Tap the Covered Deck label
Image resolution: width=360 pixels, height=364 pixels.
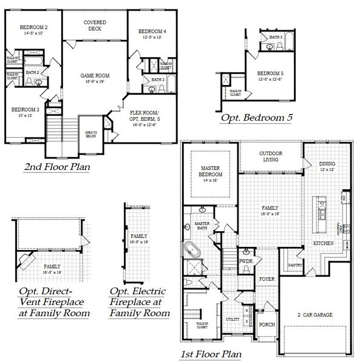tap(94, 25)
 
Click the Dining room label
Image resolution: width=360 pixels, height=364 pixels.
tap(328, 165)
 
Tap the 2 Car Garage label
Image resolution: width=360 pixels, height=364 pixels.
tap(311, 314)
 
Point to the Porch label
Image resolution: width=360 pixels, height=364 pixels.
tap(267, 324)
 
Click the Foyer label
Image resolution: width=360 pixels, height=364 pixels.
tap(267, 279)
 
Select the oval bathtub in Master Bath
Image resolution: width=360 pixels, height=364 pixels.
tap(192, 249)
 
